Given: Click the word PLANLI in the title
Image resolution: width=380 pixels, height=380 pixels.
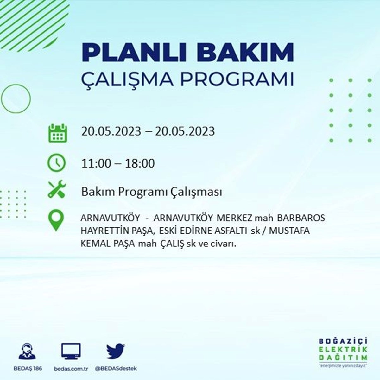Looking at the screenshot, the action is click(131, 53).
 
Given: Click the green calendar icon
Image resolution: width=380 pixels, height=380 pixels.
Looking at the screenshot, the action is click(58, 133).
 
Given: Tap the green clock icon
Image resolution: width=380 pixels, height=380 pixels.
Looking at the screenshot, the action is click(56, 163).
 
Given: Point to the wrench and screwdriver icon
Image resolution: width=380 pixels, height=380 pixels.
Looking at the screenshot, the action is click(57, 189).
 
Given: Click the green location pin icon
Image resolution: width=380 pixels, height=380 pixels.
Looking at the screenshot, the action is click(56, 220).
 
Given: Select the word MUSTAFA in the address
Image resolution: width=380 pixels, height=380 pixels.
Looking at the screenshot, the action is click(289, 231).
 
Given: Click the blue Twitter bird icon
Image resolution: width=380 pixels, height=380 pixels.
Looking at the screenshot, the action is click(116, 351).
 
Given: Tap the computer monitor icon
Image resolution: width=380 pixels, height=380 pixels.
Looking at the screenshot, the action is click(71, 351).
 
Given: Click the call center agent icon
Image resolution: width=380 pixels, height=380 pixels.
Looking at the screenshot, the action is click(27, 351).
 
